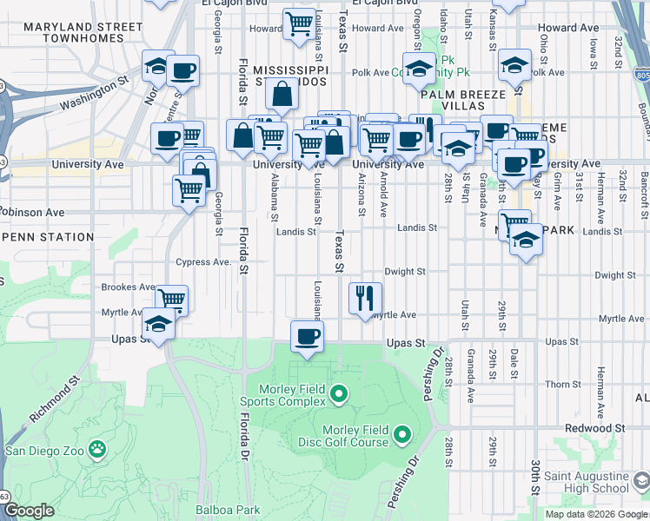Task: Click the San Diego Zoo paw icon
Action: (x=98, y=450)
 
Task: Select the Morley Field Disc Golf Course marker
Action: (x=402, y=433)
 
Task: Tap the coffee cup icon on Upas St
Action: (x=306, y=336)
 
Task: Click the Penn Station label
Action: (x=49, y=237)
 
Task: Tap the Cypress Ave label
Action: (x=203, y=262)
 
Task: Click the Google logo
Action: (x=29, y=511)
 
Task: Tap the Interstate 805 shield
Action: (x=640, y=76)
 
